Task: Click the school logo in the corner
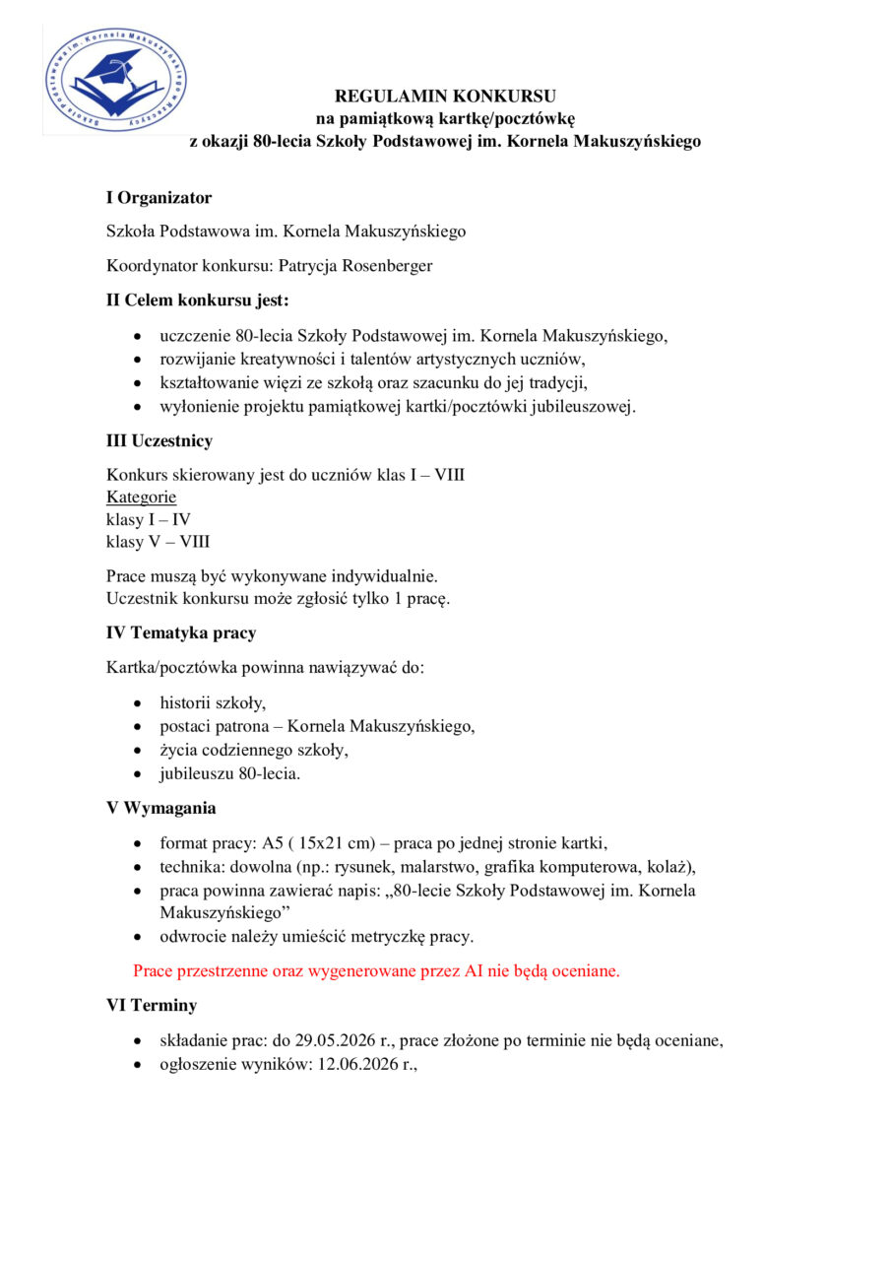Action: tap(116, 80)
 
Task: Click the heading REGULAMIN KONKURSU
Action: tap(445, 96)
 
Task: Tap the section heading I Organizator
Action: tap(159, 198)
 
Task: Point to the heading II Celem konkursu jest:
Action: tap(198, 299)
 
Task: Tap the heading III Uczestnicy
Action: tap(159, 441)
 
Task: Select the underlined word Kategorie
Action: tap(141, 497)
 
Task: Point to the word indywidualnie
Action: tap(388, 575)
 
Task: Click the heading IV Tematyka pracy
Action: tap(181, 632)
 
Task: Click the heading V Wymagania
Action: tap(161, 808)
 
